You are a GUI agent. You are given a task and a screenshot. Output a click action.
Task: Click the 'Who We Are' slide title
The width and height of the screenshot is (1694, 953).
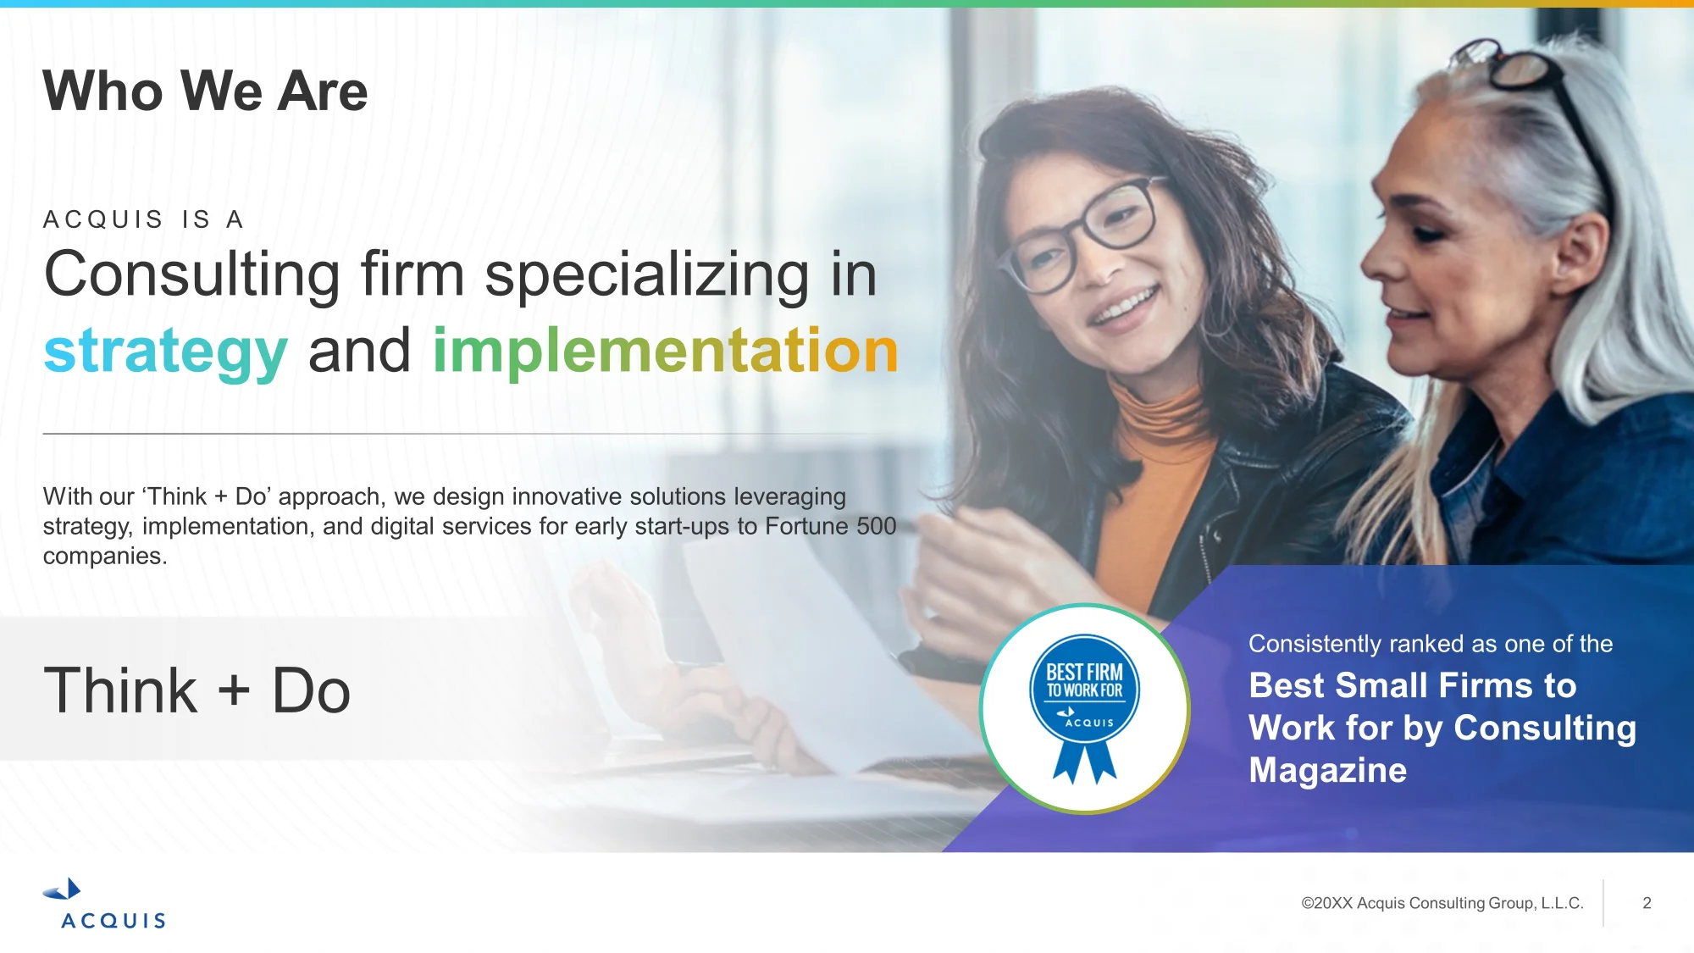point(205,91)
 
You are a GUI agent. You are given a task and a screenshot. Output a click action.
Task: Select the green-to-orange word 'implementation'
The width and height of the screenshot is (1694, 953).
point(665,350)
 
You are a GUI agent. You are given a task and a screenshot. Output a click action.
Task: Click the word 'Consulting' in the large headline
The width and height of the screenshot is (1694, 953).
point(192,274)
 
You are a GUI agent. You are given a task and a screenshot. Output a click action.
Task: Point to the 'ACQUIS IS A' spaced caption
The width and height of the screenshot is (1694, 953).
point(144,219)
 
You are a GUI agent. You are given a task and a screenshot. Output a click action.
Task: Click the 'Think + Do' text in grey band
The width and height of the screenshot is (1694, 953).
point(197,690)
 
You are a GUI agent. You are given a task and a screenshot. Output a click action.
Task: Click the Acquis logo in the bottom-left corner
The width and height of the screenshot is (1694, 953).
point(105,904)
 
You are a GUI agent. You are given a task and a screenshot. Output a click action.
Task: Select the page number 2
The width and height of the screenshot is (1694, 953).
point(1647,903)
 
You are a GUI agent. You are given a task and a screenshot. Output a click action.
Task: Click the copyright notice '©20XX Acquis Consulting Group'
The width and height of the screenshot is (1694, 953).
point(1442,903)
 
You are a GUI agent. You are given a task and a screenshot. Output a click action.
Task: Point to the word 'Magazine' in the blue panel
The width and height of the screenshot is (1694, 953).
point(1327,770)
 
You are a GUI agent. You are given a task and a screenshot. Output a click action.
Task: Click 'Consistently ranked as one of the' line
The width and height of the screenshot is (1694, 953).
point(1431,644)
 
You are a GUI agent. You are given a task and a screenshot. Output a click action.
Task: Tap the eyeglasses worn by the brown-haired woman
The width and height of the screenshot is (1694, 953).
point(1082,231)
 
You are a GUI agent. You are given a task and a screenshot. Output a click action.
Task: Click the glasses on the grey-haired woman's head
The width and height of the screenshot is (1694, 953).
point(1525,85)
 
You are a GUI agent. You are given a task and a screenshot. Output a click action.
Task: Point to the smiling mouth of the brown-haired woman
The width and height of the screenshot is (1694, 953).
point(1123,305)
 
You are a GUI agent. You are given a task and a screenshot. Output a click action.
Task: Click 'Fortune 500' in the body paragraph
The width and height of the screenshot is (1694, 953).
point(830,526)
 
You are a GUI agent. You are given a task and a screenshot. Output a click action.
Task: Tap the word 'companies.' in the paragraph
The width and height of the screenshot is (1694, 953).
point(105,557)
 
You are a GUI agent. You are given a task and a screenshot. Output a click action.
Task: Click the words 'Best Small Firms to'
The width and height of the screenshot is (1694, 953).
point(1412,685)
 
